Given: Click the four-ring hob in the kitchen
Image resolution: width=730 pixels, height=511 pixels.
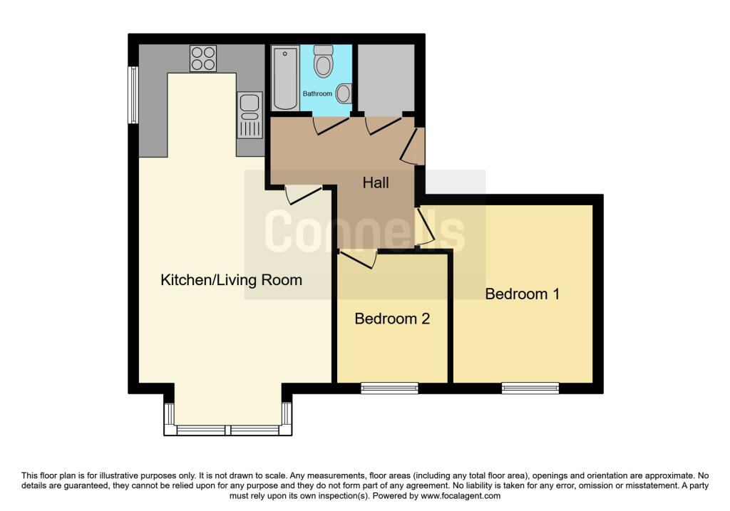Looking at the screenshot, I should (x=203, y=58).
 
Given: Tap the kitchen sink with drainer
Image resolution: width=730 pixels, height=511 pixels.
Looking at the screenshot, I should (x=250, y=115).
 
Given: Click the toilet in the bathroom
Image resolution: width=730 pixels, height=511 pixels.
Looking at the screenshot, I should (x=324, y=62).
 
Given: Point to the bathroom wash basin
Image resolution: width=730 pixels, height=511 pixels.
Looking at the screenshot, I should (x=344, y=93).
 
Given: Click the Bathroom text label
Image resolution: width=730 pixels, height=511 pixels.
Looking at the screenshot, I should (x=317, y=94).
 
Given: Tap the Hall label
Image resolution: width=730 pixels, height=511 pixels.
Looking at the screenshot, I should (x=376, y=183).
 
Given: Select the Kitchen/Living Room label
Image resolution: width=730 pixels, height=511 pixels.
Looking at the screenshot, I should (x=231, y=280).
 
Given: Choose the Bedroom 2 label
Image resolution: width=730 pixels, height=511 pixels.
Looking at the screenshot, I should (x=392, y=319).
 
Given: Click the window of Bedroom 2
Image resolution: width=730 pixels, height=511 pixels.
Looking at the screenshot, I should (x=389, y=388).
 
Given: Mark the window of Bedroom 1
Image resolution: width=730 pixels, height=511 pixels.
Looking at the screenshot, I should (x=530, y=388).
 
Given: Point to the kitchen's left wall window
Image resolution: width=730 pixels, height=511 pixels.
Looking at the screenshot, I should (x=133, y=94).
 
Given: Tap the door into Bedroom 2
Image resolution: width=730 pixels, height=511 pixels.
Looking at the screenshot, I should (x=358, y=258).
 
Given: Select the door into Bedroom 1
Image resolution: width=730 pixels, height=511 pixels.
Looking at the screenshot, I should (x=425, y=227).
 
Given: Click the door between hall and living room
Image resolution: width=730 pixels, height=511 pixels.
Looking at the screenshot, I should (x=302, y=194).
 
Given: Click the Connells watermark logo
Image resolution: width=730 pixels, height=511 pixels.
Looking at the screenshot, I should (x=364, y=232).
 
